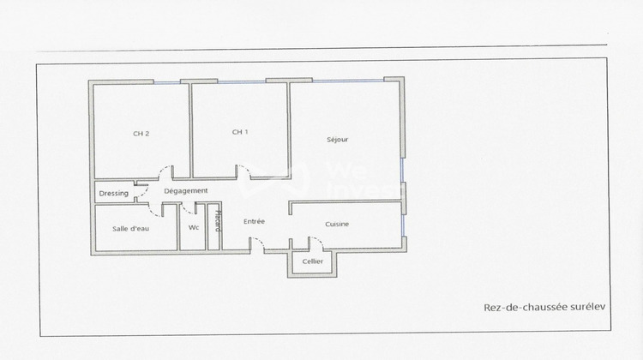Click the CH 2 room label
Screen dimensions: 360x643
click(x=141, y=134)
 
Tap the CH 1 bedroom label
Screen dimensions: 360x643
click(x=240, y=132)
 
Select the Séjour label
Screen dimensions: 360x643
click(x=337, y=139)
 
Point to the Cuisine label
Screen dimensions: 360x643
click(x=337, y=224)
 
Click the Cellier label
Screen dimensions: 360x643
click(x=313, y=261)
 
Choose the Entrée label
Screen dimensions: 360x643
click(x=254, y=221)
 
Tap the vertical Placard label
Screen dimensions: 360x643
click(x=218, y=220)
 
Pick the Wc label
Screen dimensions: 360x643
click(x=194, y=227)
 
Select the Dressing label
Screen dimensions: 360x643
click(x=114, y=193)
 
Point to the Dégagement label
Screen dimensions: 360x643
click(x=185, y=190)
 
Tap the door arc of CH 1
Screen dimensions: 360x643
click(x=244, y=171)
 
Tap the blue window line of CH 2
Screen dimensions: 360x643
click(x=167, y=82)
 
